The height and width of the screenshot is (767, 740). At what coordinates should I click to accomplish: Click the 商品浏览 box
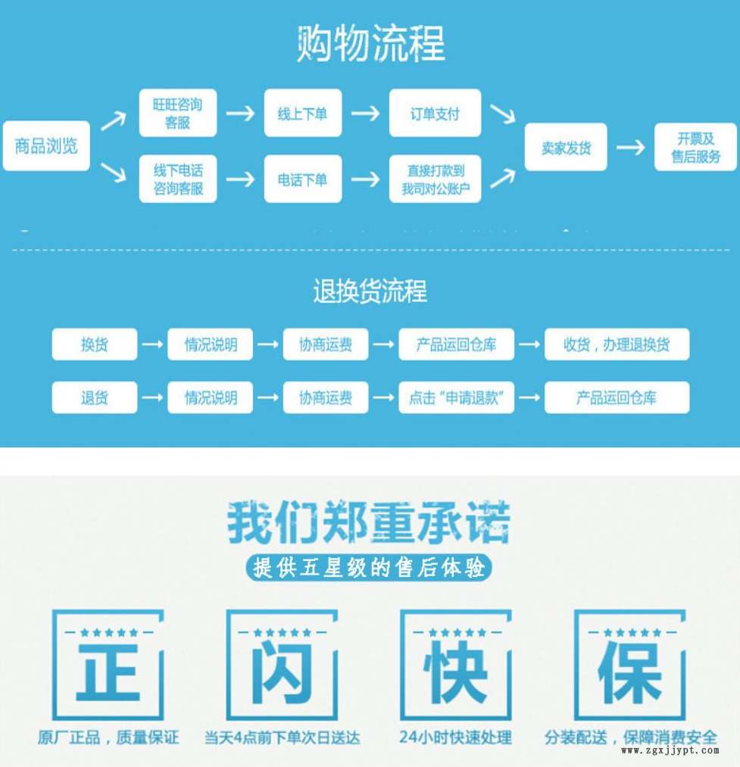pyautogui.click(x=46, y=145)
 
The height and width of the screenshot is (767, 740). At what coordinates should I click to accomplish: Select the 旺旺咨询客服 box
pyautogui.click(x=177, y=113)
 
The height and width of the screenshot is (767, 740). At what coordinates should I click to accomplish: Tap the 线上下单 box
pyautogui.click(x=302, y=114)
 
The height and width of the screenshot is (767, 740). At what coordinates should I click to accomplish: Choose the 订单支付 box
pyautogui.click(x=435, y=114)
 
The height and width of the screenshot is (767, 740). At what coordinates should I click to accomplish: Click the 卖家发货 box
pyautogui.click(x=566, y=147)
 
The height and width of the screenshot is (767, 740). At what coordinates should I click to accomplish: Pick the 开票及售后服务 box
pyautogui.click(x=695, y=147)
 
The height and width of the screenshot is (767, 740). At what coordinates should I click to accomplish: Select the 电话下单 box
pyautogui.click(x=302, y=179)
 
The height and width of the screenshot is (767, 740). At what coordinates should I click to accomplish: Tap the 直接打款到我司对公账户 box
pyautogui.click(x=435, y=179)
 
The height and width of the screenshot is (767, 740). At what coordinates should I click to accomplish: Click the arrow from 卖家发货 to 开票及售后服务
pyautogui.click(x=630, y=147)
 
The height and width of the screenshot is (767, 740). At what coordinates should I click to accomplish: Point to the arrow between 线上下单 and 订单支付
pyautogui.click(x=365, y=114)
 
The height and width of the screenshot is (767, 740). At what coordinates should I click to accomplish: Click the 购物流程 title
pyautogui.click(x=370, y=44)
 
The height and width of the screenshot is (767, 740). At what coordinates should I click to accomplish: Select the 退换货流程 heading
pyautogui.click(x=370, y=291)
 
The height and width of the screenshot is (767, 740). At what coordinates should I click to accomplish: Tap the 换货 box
pyautogui.click(x=95, y=345)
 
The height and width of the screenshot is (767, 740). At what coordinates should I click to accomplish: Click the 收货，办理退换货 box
pyautogui.click(x=617, y=345)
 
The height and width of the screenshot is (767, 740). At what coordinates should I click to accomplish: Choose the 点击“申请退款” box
pyautogui.click(x=456, y=398)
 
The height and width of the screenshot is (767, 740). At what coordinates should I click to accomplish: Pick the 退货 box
pyautogui.click(x=95, y=398)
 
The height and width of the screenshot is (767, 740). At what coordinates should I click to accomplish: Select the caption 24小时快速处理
pyautogui.click(x=455, y=737)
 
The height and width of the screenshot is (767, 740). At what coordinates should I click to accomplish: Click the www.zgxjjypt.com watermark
pyautogui.click(x=670, y=751)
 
